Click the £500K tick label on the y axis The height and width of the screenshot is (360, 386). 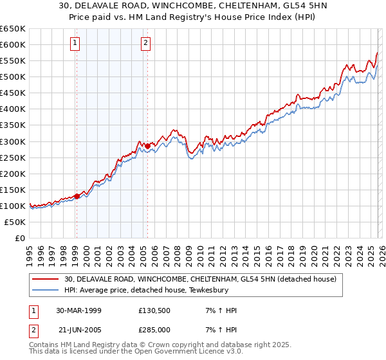(13, 77)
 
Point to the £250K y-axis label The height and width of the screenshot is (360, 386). (13, 157)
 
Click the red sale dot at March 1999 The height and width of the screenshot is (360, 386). (77, 196)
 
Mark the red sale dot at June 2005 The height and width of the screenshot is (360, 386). (147, 146)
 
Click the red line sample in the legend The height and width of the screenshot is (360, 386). (46, 279)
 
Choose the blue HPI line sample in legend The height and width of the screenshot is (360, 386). (46, 290)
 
